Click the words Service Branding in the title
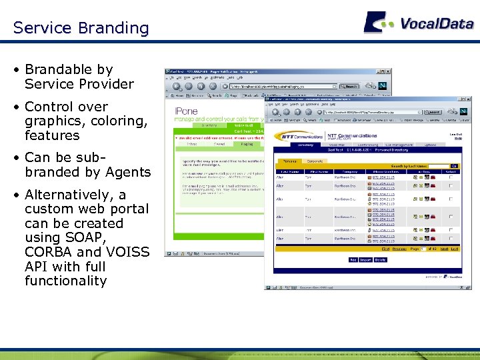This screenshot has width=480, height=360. (81, 28)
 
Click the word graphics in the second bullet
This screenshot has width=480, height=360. (53, 121)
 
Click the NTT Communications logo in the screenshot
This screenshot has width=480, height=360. (300, 137)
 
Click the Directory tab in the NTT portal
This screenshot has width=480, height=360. (305, 145)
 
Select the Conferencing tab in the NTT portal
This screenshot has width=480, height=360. (367, 145)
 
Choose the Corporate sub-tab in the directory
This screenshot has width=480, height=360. (315, 161)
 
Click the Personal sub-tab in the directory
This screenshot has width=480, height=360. (289, 161)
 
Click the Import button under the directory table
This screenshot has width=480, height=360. (365, 260)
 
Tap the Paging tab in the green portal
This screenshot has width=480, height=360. (247, 143)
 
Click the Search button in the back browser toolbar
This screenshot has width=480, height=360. (349, 86)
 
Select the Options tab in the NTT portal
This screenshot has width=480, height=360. (431, 145)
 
